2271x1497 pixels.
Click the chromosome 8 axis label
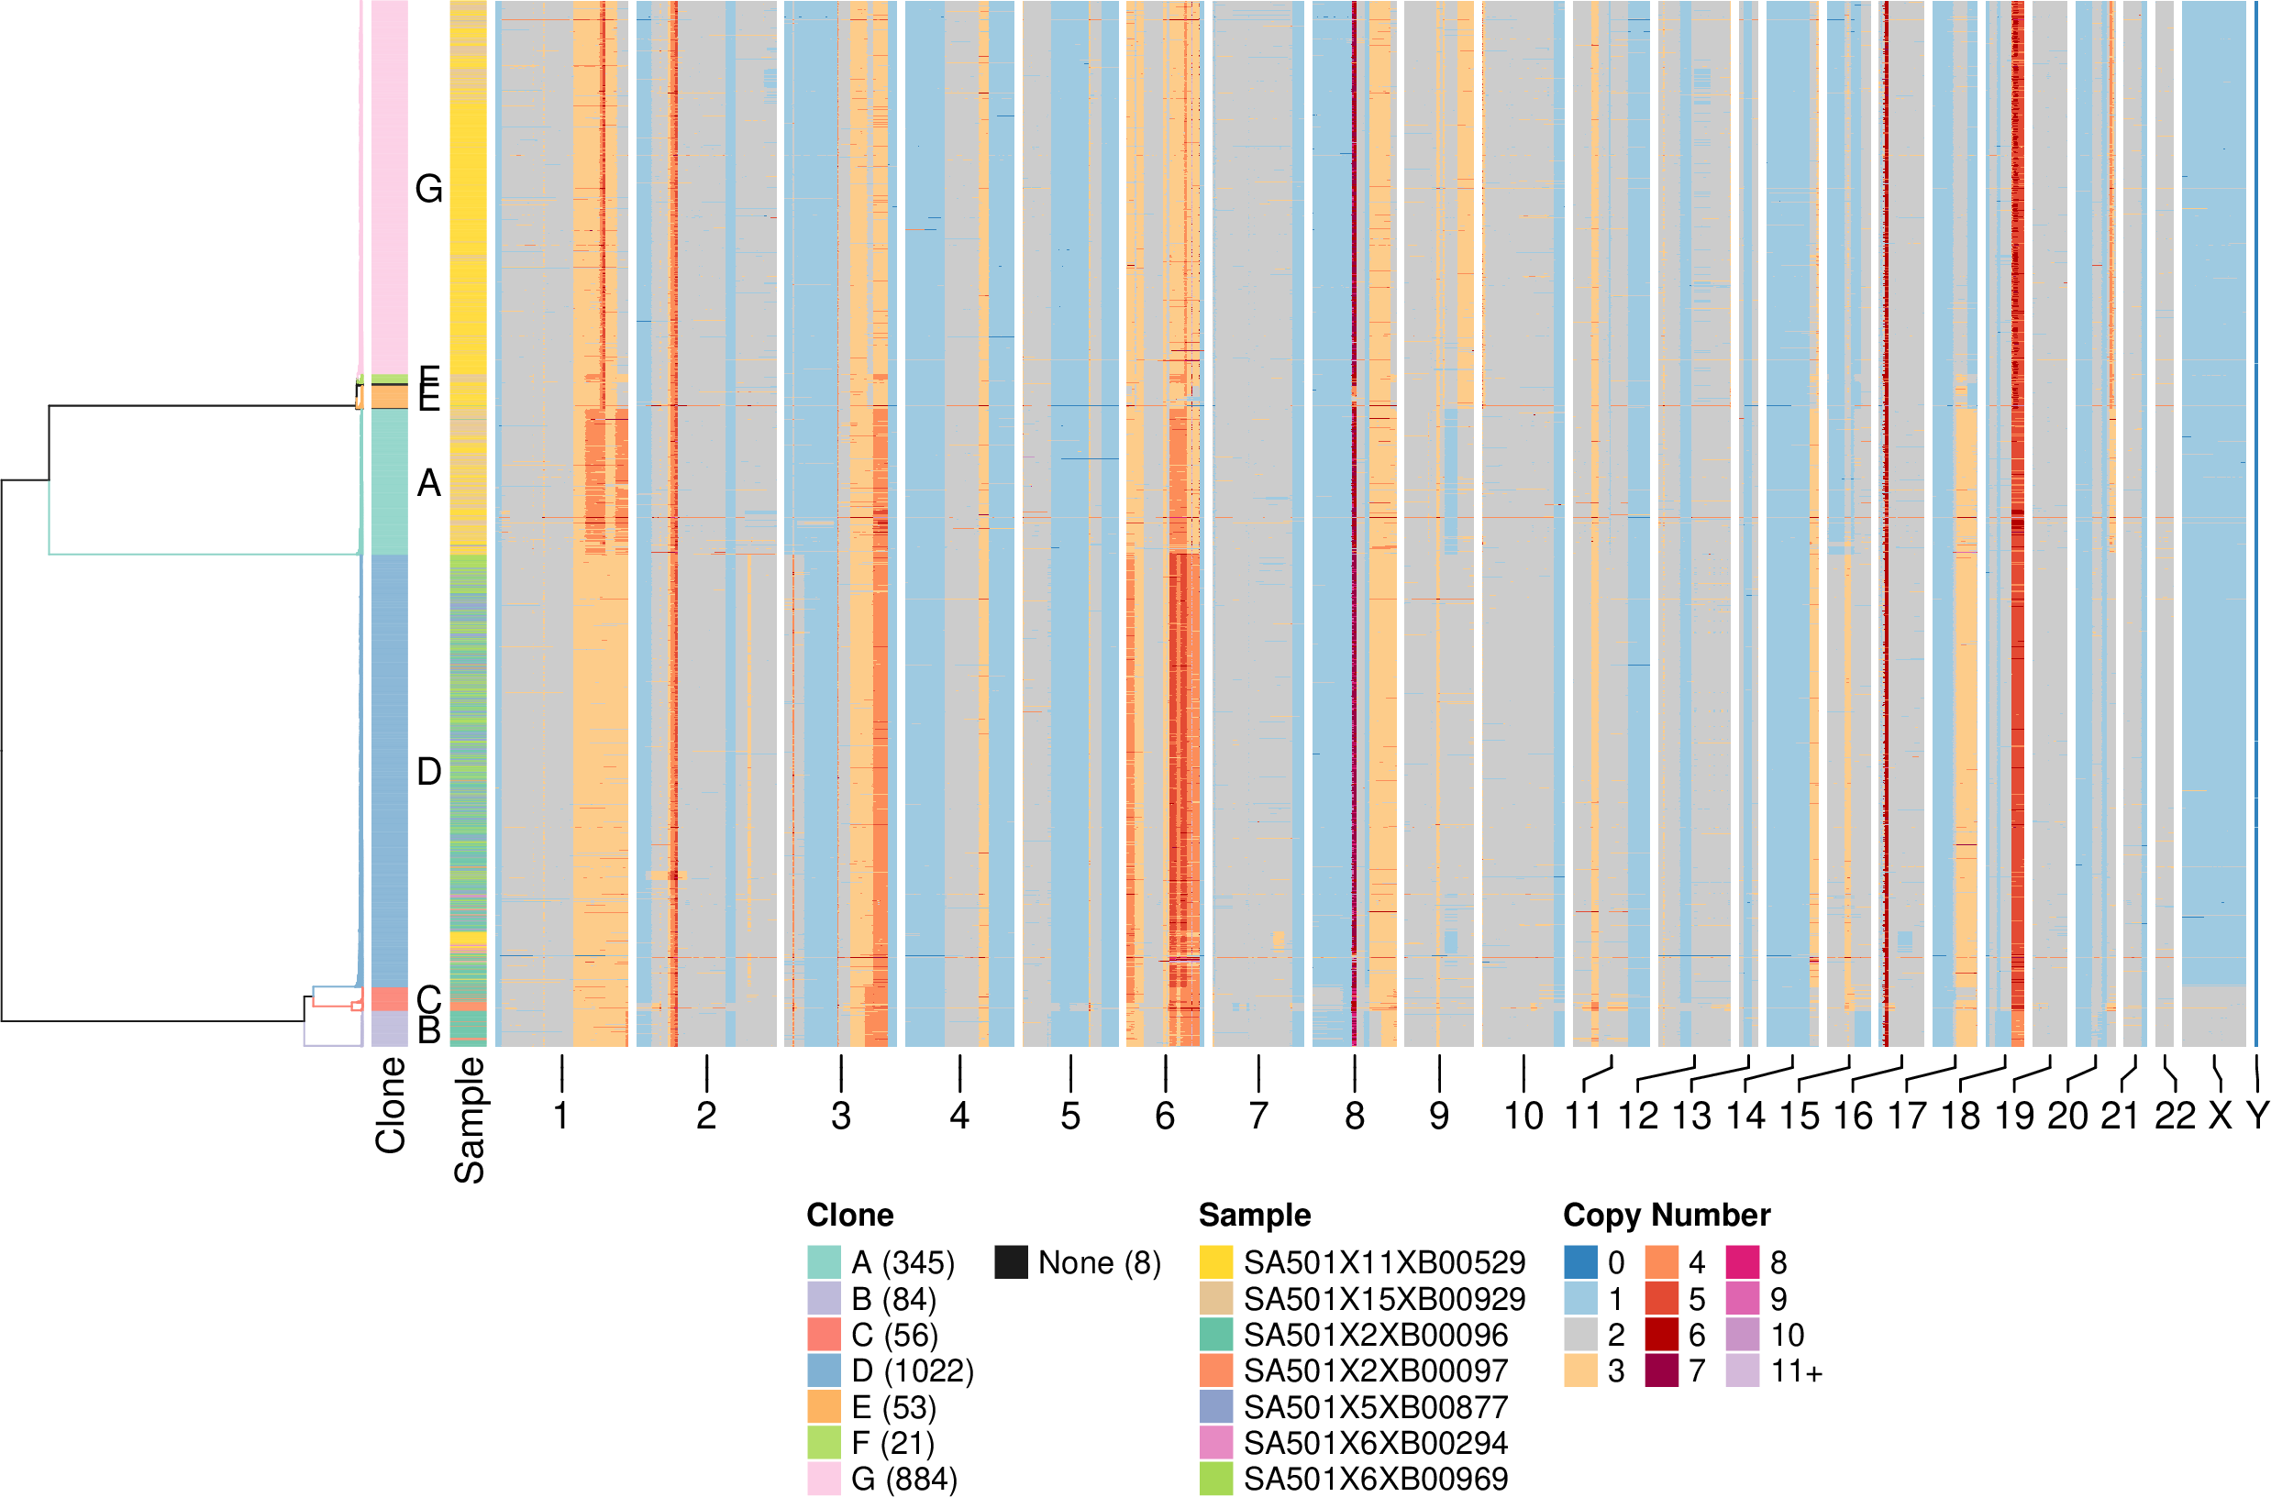(x=1354, y=1115)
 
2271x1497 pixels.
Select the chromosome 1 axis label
(x=561, y=1115)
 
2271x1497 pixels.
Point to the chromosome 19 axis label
(x=2014, y=1115)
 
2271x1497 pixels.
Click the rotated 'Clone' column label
(x=391, y=1105)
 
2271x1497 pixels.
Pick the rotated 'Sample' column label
(x=469, y=1120)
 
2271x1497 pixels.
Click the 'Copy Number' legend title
(x=1667, y=1215)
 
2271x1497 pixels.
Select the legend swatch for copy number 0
(x=1580, y=1262)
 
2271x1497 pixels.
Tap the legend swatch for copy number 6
(x=1662, y=1335)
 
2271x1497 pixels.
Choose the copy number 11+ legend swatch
(x=1743, y=1371)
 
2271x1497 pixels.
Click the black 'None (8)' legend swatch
(x=1012, y=1262)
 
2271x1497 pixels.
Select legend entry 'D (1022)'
(x=912, y=1371)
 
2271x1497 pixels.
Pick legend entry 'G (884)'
(x=903, y=1479)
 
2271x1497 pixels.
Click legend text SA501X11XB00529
(x=1384, y=1262)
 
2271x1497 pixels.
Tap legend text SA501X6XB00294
(x=1375, y=1443)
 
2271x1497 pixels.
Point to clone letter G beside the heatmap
(x=429, y=189)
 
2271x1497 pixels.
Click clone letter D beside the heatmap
(x=429, y=771)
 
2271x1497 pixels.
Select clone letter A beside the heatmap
(x=429, y=483)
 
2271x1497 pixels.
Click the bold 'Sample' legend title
(x=1254, y=1215)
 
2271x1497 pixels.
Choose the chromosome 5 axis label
(x=1069, y=1115)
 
